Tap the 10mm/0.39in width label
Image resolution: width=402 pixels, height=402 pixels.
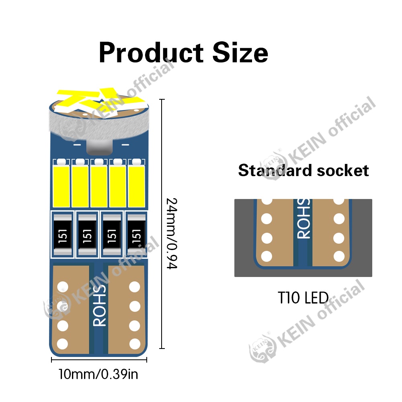tap(98, 375)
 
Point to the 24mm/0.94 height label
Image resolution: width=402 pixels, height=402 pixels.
tap(172, 234)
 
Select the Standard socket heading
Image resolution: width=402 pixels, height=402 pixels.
tap(303, 170)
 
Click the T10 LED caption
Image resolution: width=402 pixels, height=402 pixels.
tap(303, 298)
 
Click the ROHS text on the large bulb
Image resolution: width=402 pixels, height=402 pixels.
tap(99, 306)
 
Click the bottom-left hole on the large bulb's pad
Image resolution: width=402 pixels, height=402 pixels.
tap(62, 344)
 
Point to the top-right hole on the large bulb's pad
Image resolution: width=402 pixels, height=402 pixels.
tap(135, 287)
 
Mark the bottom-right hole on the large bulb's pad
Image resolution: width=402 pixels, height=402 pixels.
tap(135, 344)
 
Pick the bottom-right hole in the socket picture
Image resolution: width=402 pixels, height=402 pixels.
tap(339, 256)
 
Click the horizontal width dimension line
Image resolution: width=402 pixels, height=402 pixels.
tap(99, 360)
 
